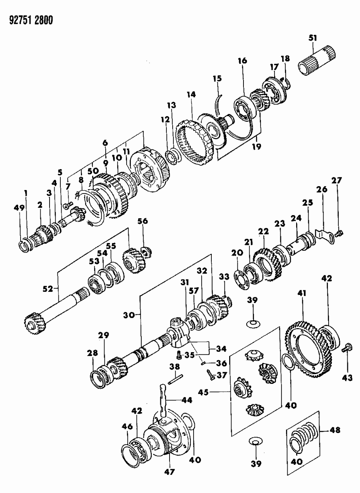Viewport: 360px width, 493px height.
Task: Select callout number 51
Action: [x=312, y=38]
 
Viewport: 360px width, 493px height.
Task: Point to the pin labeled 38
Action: [x=175, y=378]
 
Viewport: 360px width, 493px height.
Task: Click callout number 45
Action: [x=204, y=392]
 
